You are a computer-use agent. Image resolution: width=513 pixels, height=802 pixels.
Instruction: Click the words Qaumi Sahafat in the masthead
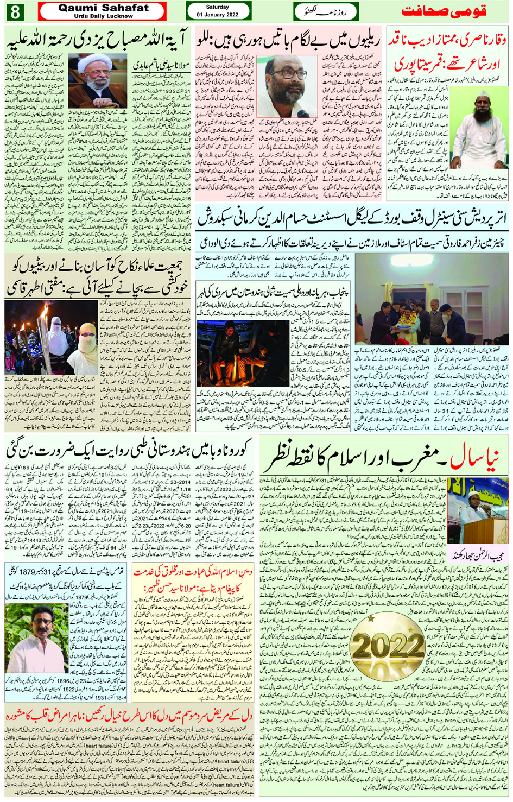coord(103,8)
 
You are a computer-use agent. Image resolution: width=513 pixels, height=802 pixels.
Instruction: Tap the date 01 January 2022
coord(218,15)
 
